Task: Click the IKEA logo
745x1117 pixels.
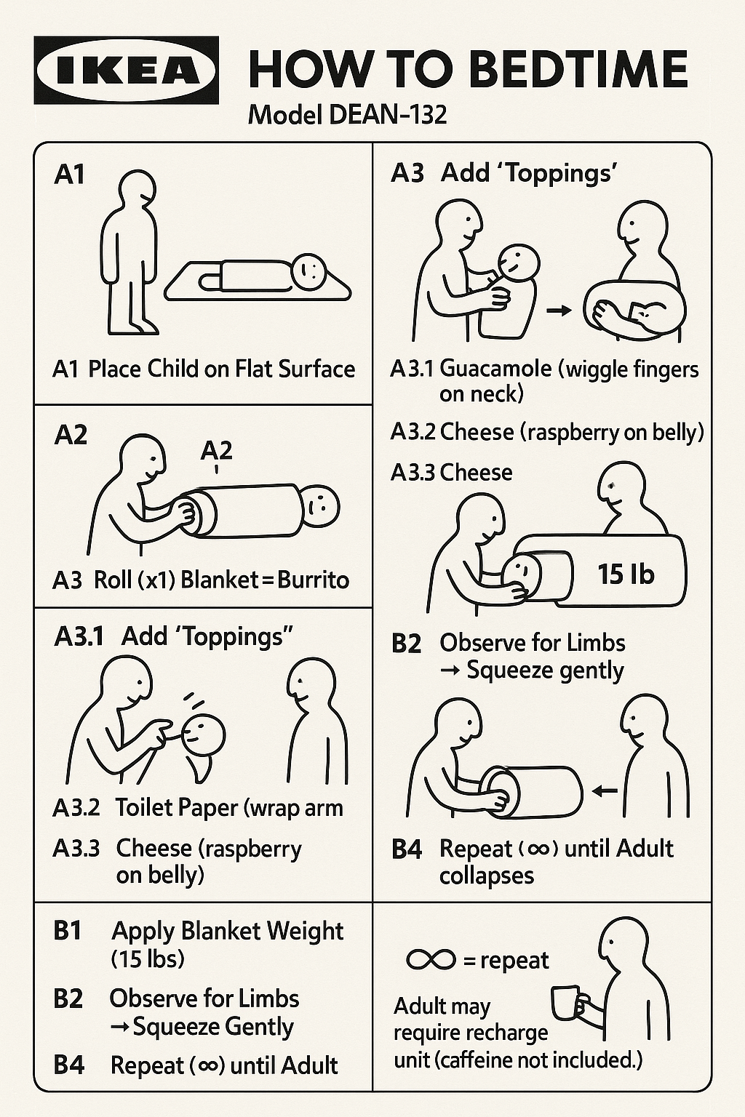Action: point(127,71)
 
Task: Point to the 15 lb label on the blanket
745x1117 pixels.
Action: point(626,574)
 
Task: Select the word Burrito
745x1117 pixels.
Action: point(313,580)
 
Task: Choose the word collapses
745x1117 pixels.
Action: point(487,876)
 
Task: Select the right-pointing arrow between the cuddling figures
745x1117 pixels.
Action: point(559,311)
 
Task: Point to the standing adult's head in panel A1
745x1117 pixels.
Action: point(137,190)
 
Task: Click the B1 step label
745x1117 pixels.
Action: point(68,931)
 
